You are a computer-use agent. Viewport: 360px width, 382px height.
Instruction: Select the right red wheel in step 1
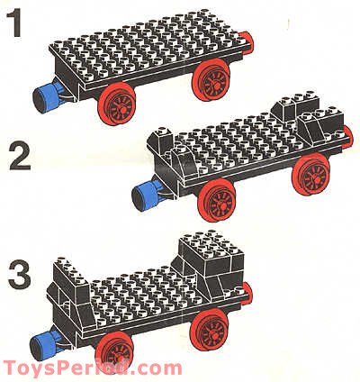[x=213, y=84]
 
